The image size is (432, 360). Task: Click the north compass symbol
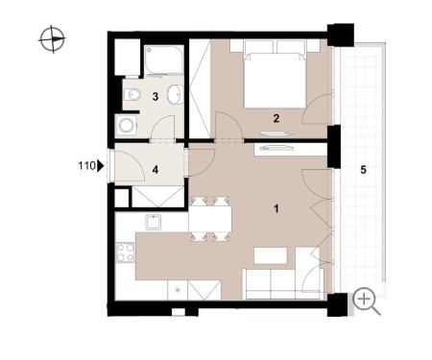[x=52, y=39]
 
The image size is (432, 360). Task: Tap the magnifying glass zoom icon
[x=367, y=301]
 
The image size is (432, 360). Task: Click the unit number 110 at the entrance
[x=86, y=166]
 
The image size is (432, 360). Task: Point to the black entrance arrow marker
[x=101, y=166]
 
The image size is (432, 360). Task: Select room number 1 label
[x=276, y=208]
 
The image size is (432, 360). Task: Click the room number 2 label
[x=276, y=119]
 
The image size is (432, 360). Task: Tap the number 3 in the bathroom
[x=156, y=96]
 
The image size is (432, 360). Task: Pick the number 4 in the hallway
[x=156, y=170]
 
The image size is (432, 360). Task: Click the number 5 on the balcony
[x=363, y=170]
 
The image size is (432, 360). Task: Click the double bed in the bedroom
[x=275, y=74]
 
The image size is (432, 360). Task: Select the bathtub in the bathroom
[x=164, y=60]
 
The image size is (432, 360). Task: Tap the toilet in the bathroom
[x=132, y=94]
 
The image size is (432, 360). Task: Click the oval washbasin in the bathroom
[x=176, y=94]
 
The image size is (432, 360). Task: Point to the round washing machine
[x=126, y=126]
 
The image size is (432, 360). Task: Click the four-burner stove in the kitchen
[x=125, y=252]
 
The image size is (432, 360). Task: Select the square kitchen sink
[x=154, y=222]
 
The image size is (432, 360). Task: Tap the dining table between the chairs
[x=210, y=219]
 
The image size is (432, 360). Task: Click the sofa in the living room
[x=283, y=283]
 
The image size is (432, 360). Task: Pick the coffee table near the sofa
[x=271, y=255]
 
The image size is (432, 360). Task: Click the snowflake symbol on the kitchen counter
[x=178, y=290]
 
